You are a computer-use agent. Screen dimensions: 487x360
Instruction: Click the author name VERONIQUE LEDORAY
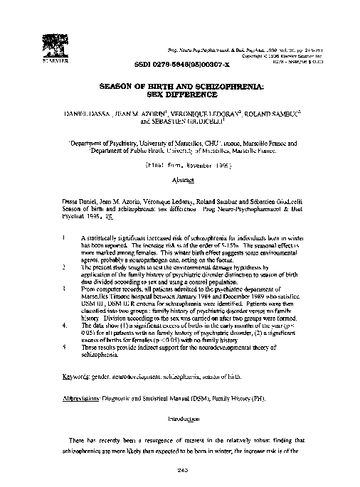coord(211,112)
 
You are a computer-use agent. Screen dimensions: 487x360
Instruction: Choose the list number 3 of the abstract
coord(64,290)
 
